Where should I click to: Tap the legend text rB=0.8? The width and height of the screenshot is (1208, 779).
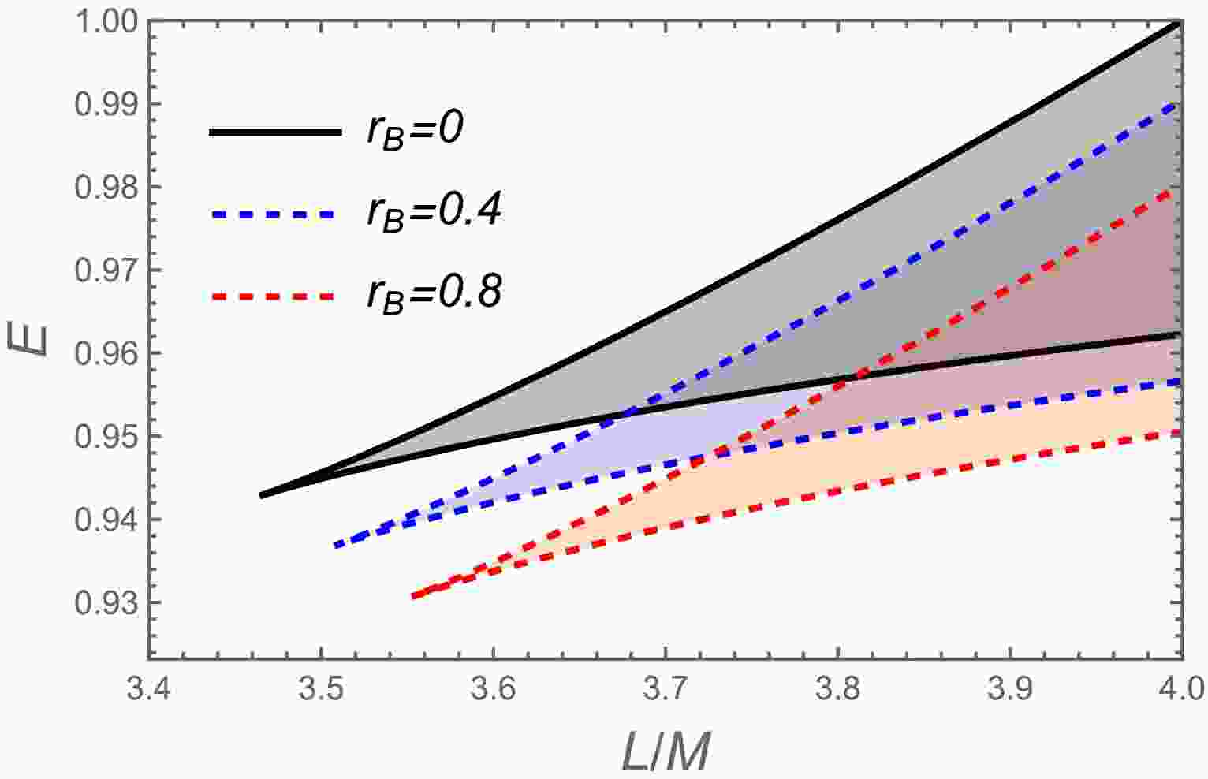(x=433, y=295)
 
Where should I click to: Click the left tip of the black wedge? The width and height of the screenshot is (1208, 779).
(x=261, y=495)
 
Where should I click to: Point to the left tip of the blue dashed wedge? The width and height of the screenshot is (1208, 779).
(x=335, y=546)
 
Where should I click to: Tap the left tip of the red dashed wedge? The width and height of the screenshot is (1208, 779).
(x=412, y=597)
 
